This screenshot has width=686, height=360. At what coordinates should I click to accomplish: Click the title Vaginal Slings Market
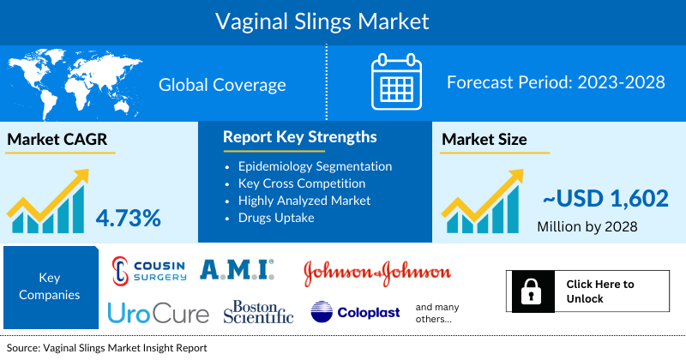[x=343, y=19]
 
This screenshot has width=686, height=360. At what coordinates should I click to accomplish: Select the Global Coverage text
[x=222, y=85]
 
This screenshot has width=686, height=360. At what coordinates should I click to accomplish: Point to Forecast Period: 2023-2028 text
[x=556, y=84]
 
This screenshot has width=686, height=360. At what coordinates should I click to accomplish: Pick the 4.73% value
[x=128, y=218]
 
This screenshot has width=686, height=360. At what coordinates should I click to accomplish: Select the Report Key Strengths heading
[x=299, y=137]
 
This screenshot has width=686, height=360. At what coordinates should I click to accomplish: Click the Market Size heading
[x=484, y=139]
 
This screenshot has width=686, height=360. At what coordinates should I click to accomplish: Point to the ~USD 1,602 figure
[x=604, y=199]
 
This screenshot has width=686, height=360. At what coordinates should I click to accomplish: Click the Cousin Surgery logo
[x=150, y=271]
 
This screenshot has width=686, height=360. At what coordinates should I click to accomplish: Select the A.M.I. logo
[x=237, y=271]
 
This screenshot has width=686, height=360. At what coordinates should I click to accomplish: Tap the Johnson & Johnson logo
[x=376, y=272]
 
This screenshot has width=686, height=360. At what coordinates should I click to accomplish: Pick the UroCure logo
[x=159, y=313]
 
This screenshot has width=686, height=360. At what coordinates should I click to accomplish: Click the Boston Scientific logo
[x=258, y=312]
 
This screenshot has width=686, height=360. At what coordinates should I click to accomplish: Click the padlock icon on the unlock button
[x=532, y=291]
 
